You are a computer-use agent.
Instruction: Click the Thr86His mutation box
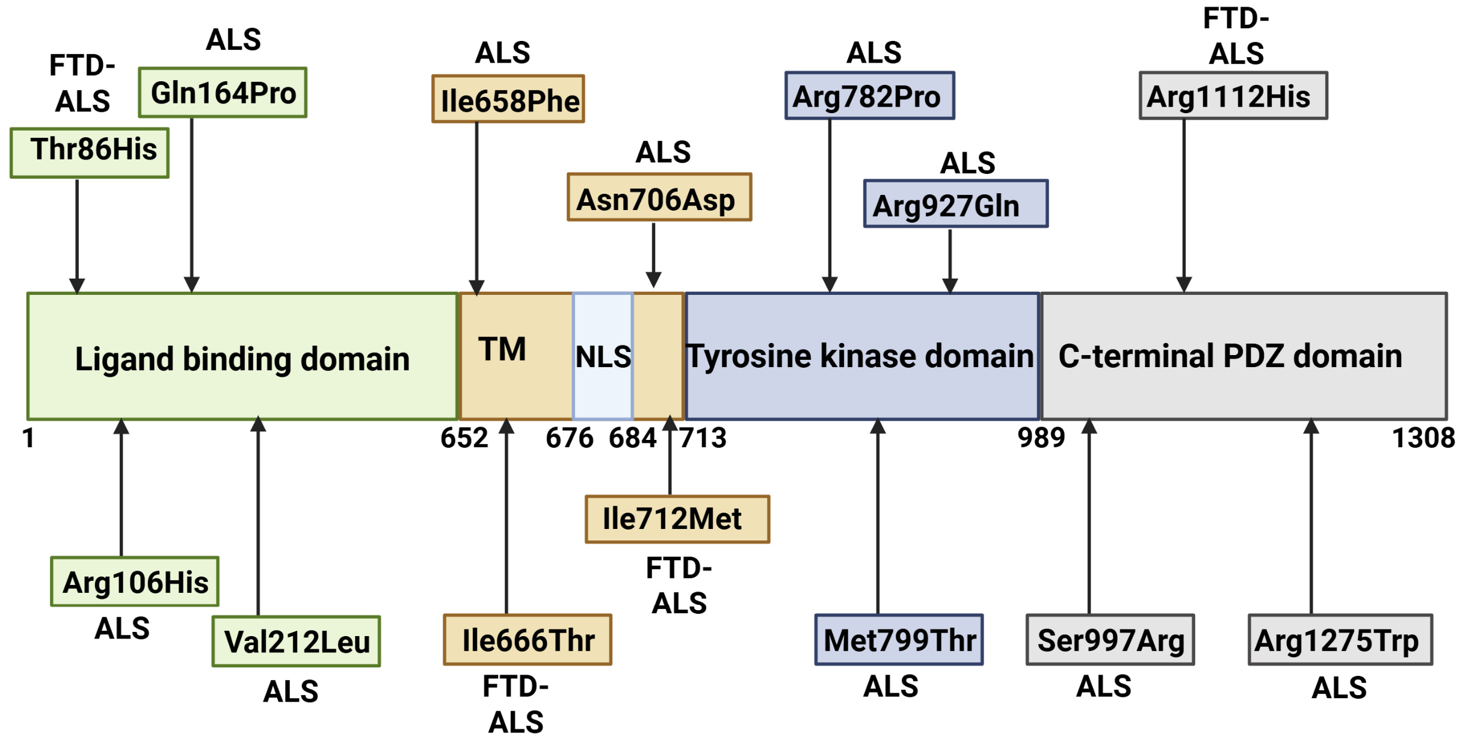coord(90,153)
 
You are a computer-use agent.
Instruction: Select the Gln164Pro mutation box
coord(223,92)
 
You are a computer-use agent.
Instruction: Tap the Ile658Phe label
coord(508,99)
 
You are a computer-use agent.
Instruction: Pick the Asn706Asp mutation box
coord(659,197)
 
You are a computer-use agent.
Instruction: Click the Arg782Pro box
coord(870,96)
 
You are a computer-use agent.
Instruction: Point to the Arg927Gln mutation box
coord(956,203)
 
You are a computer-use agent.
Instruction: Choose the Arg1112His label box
coord(1234,96)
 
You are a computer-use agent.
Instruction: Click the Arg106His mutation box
coord(135,581)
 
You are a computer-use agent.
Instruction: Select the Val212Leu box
coord(296,641)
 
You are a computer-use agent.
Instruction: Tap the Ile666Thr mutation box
coord(528,640)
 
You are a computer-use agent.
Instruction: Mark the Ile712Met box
coord(678,519)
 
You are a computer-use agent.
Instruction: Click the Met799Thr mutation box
coord(899,640)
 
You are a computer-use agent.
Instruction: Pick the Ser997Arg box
coord(1110,640)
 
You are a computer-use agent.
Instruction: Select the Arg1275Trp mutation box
coord(1341,640)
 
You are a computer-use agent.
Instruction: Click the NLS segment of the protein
coord(603,356)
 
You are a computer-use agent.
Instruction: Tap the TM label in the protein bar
coord(502,349)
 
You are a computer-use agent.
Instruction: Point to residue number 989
coord(1041,438)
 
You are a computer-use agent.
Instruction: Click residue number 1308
coord(1424,438)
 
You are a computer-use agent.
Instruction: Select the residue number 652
coord(464,438)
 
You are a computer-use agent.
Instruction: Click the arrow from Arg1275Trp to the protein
coord(1311,516)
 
